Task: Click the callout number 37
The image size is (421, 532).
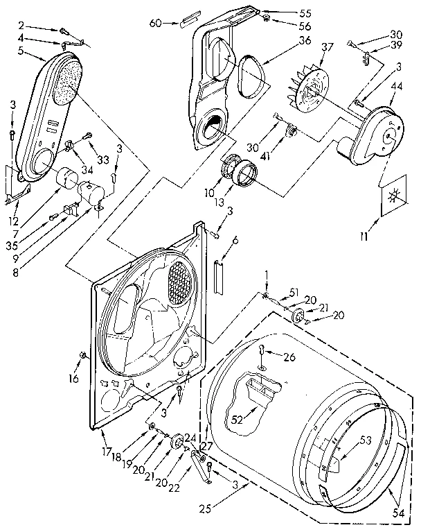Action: (327, 47)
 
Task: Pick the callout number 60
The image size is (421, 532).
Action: (155, 23)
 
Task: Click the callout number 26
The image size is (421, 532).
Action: (290, 357)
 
